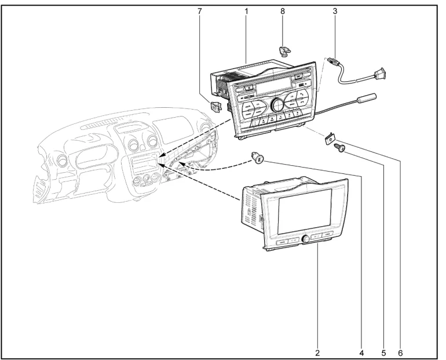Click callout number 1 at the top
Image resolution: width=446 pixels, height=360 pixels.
(x=246, y=11)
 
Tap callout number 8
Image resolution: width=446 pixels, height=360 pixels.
(x=283, y=11)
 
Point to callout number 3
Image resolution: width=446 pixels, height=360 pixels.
(x=335, y=11)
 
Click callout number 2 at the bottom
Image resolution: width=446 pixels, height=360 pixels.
(x=317, y=351)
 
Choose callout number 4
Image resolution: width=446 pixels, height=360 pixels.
(x=361, y=351)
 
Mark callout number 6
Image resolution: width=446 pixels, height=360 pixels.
(x=400, y=351)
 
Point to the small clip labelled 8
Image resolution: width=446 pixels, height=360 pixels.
(x=283, y=52)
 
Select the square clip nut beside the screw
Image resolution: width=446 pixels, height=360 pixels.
(x=329, y=137)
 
